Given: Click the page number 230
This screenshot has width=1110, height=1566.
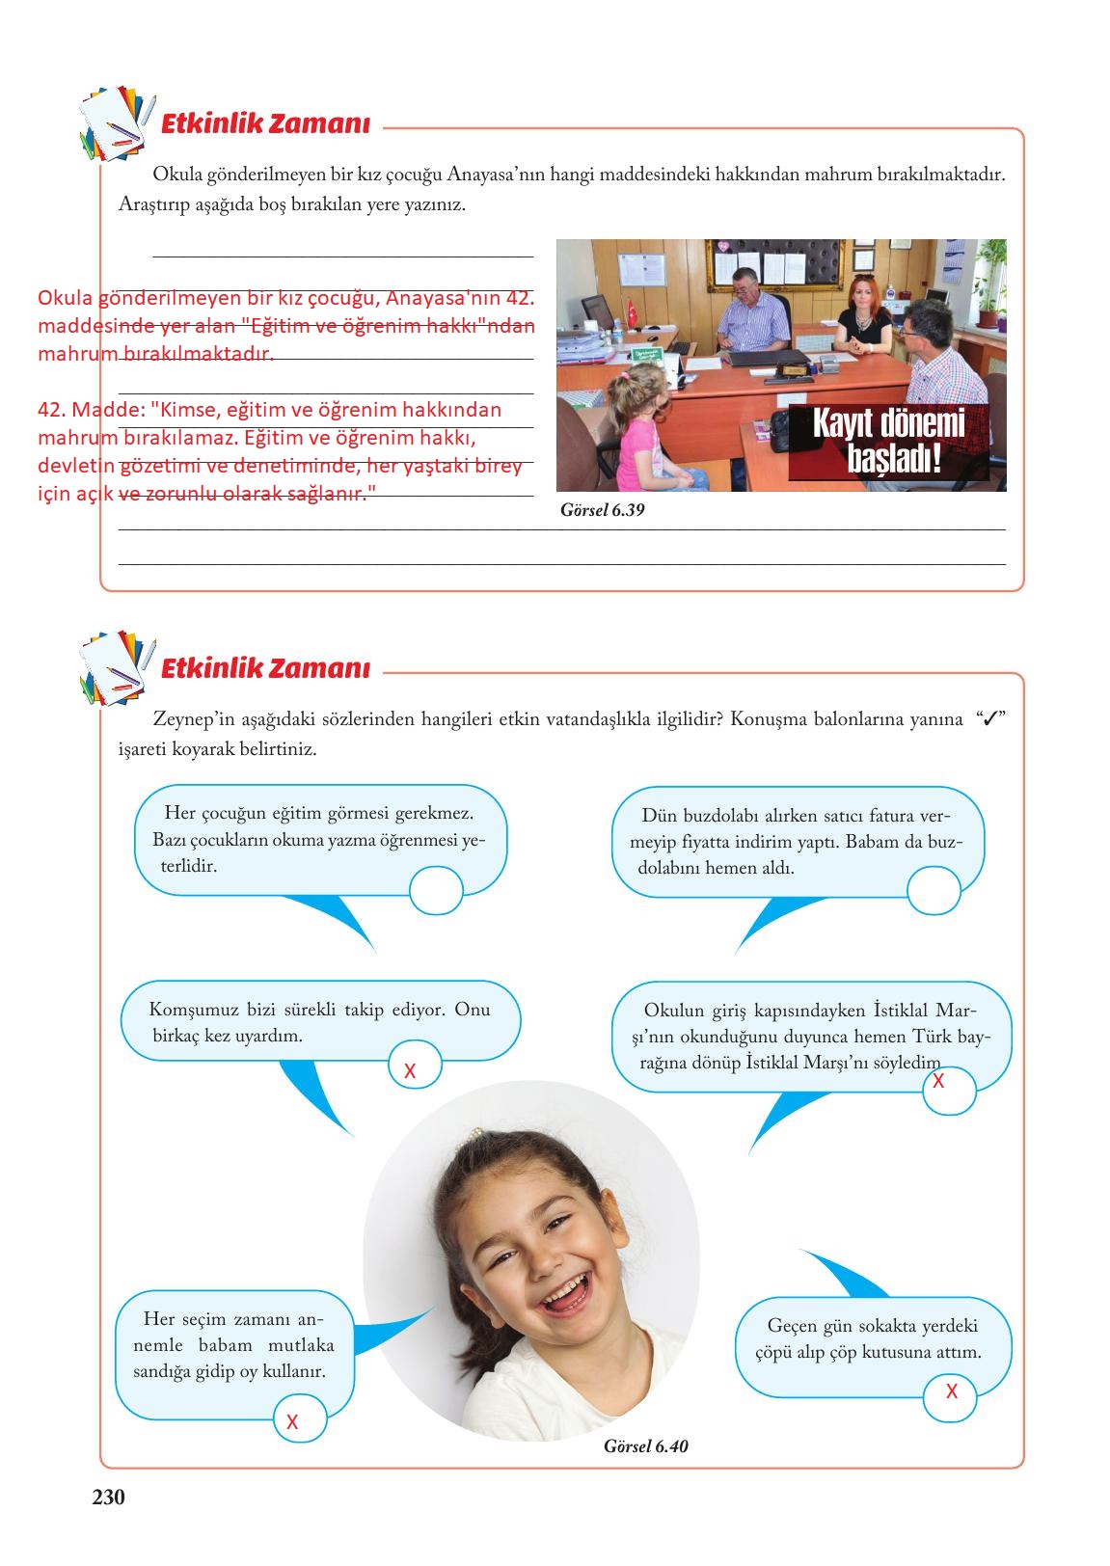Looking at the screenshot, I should pyautogui.click(x=108, y=1497).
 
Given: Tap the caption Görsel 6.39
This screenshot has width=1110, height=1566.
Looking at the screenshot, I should pyautogui.click(x=602, y=510).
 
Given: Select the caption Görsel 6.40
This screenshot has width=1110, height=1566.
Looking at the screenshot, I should pyautogui.click(x=645, y=1445).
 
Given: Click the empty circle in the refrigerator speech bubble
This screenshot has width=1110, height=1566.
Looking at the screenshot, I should pyautogui.click(x=934, y=890).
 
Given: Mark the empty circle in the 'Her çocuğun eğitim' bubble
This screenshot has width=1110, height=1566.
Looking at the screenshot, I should pyautogui.click(x=436, y=890).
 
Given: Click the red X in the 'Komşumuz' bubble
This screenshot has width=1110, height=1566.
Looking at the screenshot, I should pyautogui.click(x=410, y=1070).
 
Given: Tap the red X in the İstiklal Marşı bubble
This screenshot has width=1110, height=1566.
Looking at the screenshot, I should pyautogui.click(x=938, y=1082).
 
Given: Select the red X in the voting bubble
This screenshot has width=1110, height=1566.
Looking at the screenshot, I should pyautogui.click(x=292, y=1421).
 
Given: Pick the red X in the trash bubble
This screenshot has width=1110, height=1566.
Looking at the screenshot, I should pyautogui.click(x=952, y=1391).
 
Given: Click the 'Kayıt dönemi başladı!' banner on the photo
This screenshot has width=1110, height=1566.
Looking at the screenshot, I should pyautogui.click(x=888, y=442).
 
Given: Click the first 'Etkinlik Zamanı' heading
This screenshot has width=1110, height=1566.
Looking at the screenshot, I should pyautogui.click(x=265, y=124).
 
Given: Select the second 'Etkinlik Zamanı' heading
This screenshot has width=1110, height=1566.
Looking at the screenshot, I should pyautogui.click(x=265, y=668).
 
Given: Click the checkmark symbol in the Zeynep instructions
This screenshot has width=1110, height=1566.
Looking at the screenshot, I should pyautogui.click(x=989, y=719).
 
